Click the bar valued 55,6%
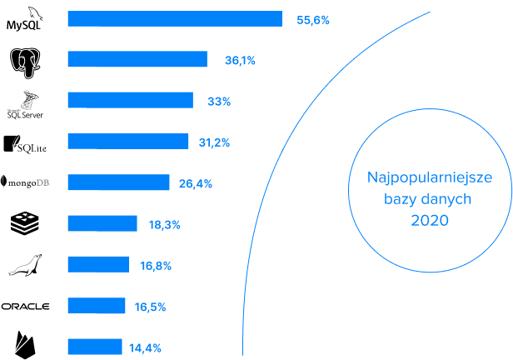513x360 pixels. pyautogui.click(x=175, y=19)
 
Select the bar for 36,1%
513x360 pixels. pyautogui.click(x=137, y=59)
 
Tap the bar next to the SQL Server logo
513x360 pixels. pyautogui.click(x=131, y=100)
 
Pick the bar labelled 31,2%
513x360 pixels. pyautogui.click(x=128, y=141)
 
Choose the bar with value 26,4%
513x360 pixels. pyautogui.click(x=118, y=182)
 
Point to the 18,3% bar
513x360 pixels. pyautogui.click(x=102, y=223)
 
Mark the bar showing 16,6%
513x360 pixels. pyautogui.click(x=98, y=264)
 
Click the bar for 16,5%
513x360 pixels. pyautogui.click(x=97, y=306)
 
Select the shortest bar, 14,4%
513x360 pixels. pyautogui.click(x=95, y=347)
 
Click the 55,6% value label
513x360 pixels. pyautogui.click(x=313, y=19)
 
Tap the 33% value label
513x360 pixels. pyautogui.click(x=219, y=101)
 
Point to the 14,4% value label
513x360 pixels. pyautogui.click(x=145, y=347)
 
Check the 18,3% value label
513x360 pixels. pyautogui.click(x=164, y=224)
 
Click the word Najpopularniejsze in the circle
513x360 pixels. pyautogui.click(x=430, y=178)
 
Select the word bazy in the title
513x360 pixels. pyautogui.click(x=402, y=200)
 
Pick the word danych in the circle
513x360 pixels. pyautogui.click(x=448, y=200)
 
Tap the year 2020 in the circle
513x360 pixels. pyautogui.click(x=430, y=221)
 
